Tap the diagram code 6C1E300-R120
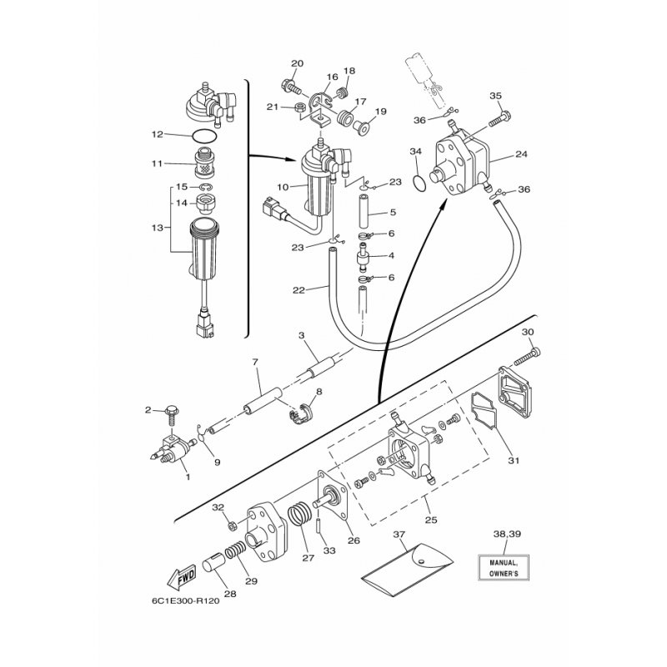[185, 601]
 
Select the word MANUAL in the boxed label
[504, 563]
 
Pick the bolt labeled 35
[499, 118]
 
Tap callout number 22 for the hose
[298, 291]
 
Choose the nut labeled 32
[233, 526]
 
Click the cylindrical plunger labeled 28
[212, 565]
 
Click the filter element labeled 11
[203, 163]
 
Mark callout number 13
[158, 228]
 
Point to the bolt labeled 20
[292, 88]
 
